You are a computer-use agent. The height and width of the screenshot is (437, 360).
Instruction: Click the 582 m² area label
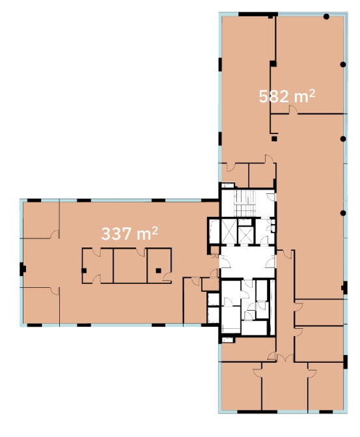287,96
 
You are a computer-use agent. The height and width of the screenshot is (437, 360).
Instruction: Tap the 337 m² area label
130,234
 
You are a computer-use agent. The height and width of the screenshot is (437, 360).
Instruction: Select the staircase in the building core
245,203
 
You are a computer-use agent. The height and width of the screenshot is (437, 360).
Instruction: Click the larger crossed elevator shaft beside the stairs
228,231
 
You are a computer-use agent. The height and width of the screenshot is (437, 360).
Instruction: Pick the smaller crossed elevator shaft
246,235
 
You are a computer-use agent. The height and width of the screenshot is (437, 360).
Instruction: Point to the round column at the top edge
326,17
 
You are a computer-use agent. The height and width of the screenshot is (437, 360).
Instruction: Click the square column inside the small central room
158,270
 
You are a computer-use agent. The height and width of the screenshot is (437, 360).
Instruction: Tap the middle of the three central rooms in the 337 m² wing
130,266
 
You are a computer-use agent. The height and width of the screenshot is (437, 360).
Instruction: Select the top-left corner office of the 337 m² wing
40,220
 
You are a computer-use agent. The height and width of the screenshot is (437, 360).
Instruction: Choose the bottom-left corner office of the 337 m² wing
40,305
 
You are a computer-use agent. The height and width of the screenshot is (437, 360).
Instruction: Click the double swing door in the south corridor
284,358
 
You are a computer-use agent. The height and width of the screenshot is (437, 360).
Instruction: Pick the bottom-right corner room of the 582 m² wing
325,386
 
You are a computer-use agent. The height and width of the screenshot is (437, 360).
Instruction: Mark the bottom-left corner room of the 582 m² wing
242,386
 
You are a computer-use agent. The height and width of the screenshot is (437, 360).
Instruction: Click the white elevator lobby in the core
247,262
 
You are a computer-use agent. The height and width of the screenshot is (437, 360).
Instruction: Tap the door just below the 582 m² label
293,110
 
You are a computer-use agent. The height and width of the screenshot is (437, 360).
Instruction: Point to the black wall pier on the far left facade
23,269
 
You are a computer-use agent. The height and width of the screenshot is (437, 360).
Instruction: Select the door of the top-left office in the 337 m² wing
55,234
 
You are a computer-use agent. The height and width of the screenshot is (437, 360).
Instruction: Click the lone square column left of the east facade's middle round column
274,139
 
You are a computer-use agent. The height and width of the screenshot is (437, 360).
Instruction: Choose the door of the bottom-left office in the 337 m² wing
55,291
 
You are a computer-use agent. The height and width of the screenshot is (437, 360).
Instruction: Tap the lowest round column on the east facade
343,213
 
